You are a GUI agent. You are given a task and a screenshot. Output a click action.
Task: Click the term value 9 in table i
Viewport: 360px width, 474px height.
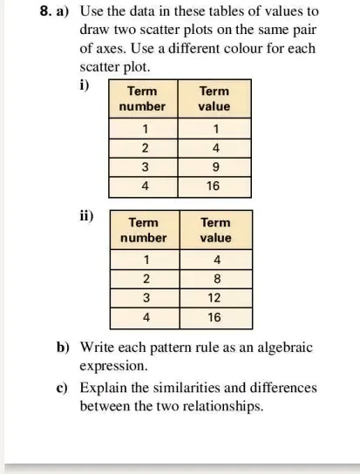click(214, 166)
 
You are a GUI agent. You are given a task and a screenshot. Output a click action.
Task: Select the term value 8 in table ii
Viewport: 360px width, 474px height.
click(215, 279)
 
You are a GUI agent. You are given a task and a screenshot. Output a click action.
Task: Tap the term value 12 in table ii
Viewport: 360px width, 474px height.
click(215, 298)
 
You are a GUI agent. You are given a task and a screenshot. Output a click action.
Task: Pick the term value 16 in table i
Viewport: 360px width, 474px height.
click(214, 186)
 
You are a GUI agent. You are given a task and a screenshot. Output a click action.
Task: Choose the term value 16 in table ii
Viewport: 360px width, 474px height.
click(215, 317)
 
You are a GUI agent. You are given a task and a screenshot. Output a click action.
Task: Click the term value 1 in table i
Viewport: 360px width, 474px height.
click(214, 128)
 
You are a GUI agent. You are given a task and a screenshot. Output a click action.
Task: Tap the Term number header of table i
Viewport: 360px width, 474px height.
click(142, 98)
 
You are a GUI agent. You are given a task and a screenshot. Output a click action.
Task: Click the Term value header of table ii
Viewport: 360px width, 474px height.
click(215, 230)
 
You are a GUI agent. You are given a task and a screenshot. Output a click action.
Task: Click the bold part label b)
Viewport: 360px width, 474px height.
click(63, 347)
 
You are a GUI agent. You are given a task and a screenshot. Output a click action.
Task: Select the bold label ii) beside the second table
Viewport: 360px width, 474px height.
click(85, 215)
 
